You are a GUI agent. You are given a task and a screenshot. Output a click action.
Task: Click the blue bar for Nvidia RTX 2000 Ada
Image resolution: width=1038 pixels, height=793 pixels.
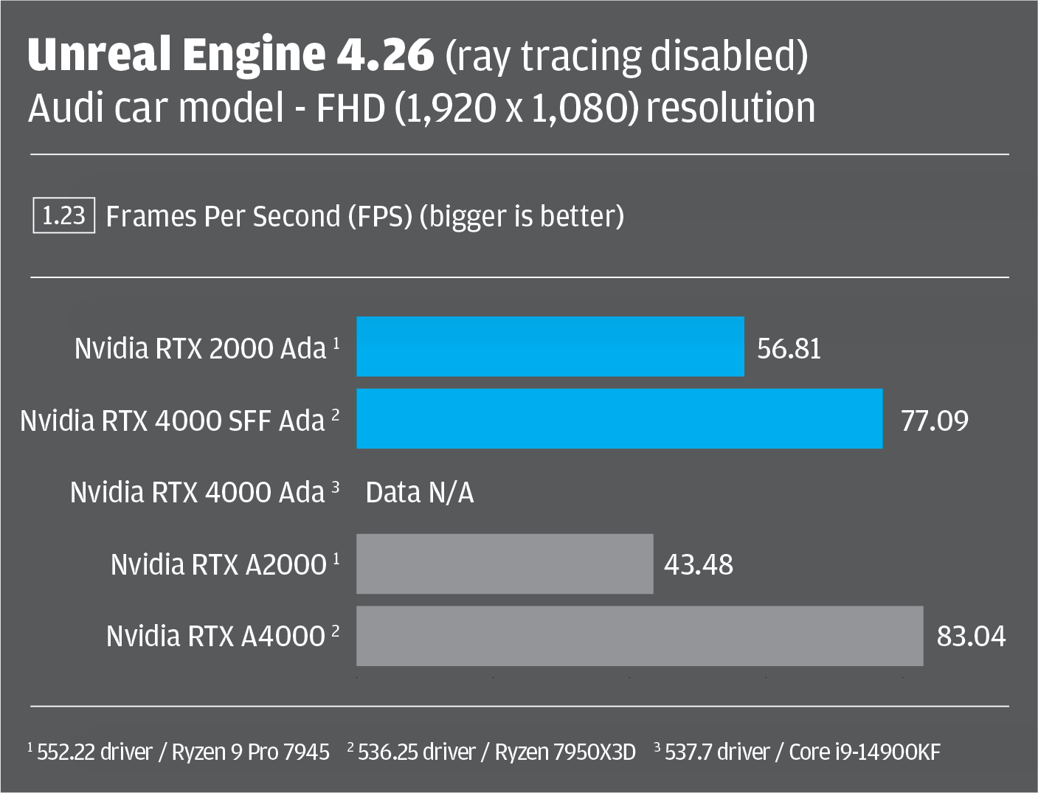click(550, 347)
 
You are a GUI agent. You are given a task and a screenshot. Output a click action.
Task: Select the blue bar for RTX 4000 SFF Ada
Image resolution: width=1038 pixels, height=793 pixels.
click(620, 418)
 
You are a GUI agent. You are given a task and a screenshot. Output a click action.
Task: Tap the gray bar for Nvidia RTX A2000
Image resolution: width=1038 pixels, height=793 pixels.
click(505, 564)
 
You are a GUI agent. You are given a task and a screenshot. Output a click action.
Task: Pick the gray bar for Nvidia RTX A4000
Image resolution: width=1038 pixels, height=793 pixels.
click(640, 636)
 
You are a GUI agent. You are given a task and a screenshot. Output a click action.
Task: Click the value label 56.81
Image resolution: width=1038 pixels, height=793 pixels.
click(789, 349)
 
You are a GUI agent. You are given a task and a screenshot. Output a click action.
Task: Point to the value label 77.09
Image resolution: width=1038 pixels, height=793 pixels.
click(935, 421)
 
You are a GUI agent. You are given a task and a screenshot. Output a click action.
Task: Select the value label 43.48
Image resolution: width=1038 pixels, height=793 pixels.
click(699, 564)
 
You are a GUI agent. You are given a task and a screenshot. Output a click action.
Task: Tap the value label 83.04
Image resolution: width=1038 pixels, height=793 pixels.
click(971, 636)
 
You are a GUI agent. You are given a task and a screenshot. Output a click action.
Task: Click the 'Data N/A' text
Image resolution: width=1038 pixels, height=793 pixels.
click(420, 493)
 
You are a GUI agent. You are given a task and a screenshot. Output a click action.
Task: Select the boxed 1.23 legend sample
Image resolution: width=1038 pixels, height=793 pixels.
click(64, 215)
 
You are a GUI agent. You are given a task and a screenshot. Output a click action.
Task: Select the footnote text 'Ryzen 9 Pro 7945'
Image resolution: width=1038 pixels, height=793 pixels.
click(250, 752)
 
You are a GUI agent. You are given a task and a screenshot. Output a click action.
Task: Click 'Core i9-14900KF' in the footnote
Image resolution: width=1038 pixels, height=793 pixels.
click(865, 752)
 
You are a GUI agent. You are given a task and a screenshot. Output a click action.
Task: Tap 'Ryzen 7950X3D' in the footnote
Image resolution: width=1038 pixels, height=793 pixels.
click(565, 752)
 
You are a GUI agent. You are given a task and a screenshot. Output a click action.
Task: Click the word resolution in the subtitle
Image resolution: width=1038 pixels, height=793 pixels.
click(730, 108)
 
